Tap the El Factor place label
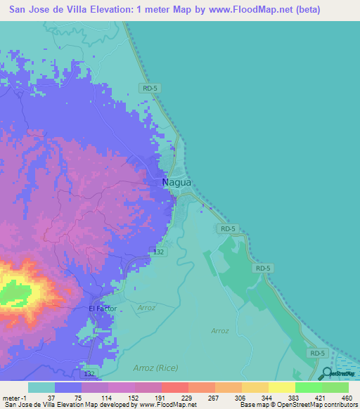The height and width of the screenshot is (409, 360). (x=102, y=309)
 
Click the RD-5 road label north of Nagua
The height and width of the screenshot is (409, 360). (x=148, y=88)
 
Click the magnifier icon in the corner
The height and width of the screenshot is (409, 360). (x=328, y=375)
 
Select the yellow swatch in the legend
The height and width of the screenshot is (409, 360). (x=281, y=387)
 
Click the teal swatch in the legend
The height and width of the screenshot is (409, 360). (x=41, y=387)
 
